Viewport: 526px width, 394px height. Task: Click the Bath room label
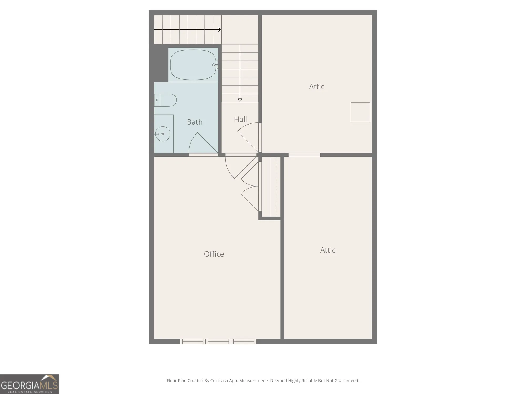tap(195, 122)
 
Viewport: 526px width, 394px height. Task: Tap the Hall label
tap(240, 119)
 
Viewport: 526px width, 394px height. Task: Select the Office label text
tap(214, 254)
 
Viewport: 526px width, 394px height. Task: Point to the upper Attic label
tap(317, 86)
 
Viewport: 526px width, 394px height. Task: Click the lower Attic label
tap(328, 250)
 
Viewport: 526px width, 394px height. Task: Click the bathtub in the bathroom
tap(193, 65)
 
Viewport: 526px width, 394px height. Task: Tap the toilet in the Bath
tap(165, 100)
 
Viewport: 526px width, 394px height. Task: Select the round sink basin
tap(163, 134)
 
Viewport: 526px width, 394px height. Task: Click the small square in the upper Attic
tap(360, 112)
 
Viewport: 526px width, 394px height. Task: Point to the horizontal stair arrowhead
tap(220, 30)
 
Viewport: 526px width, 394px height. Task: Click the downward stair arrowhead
tap(240, 100)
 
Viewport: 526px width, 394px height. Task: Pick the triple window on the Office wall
tap(218, 341)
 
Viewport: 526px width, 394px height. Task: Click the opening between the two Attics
tap(304, 155)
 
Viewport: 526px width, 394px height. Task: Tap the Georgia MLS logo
tap(29, 384)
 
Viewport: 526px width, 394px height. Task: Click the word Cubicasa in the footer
tap(219, 381)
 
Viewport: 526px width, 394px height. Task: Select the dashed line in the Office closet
tap(276, 186)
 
